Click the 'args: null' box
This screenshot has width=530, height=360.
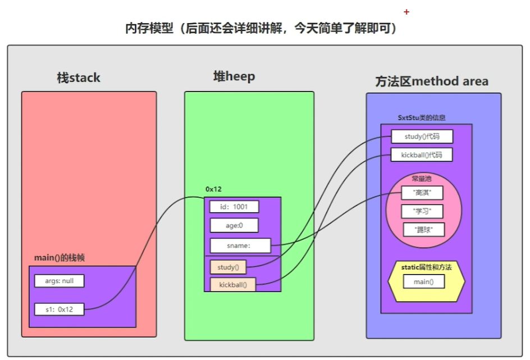59,281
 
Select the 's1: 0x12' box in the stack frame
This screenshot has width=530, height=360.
59,309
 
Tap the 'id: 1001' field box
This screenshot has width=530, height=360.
234,207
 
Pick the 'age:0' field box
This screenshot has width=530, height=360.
234,226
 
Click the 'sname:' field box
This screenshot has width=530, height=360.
240,245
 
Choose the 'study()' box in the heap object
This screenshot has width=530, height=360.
228,267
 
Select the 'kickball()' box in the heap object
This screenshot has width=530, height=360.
232,285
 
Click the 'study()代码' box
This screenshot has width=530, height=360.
422,136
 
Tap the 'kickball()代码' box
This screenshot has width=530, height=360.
421,154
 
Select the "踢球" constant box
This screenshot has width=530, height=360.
424,230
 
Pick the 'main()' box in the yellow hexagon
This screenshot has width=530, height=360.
424,281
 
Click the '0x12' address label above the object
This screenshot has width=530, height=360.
214,190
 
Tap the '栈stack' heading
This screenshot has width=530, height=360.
78,78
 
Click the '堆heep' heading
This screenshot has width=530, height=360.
234,76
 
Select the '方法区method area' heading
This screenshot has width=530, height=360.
431,81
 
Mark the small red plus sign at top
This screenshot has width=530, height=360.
406,12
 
